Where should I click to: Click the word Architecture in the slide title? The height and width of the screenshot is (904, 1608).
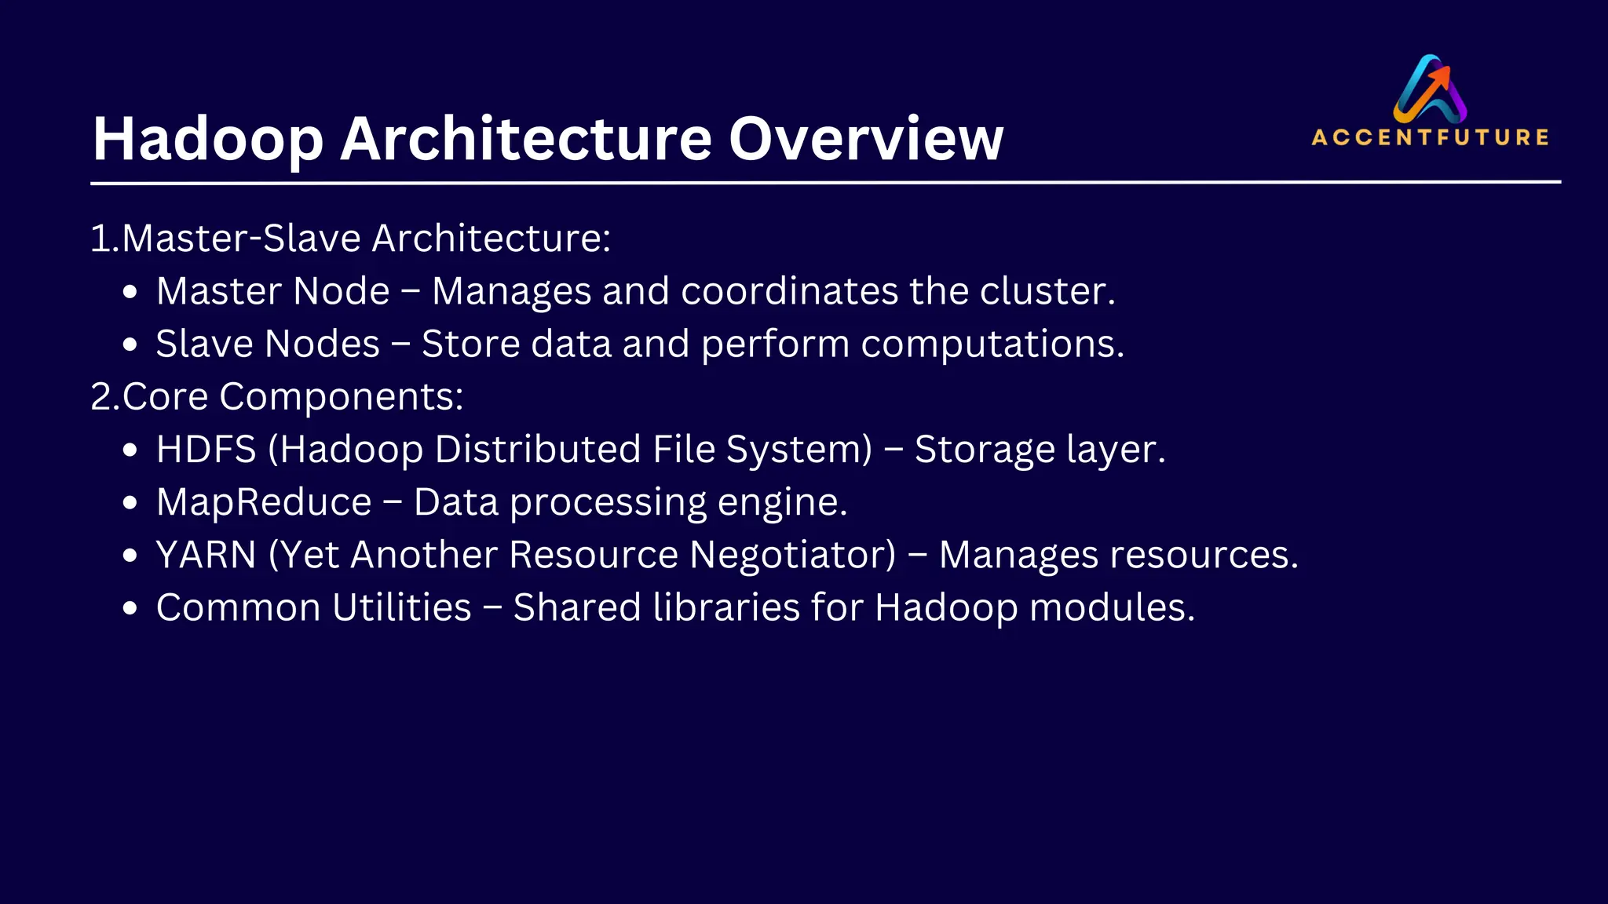click(526, 139)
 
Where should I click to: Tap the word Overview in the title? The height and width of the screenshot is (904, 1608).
click(866, 139)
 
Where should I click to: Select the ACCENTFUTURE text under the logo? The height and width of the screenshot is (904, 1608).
click(1430, 138)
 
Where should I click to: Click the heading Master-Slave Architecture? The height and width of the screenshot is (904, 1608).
click(365, 239)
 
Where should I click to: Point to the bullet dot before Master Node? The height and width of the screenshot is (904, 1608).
click(130, 293)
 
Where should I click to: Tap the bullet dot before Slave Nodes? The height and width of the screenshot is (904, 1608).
click(130, 345)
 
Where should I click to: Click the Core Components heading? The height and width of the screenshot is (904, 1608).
click(292, 396)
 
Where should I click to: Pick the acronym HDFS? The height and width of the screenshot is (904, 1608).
click(206, 450)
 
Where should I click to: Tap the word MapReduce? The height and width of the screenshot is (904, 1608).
click(264, 502)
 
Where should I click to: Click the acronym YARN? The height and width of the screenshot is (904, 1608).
click(206, 555)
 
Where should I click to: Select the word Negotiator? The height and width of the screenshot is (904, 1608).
click(792, 555)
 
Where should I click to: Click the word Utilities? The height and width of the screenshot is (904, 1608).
click(401, 607)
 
